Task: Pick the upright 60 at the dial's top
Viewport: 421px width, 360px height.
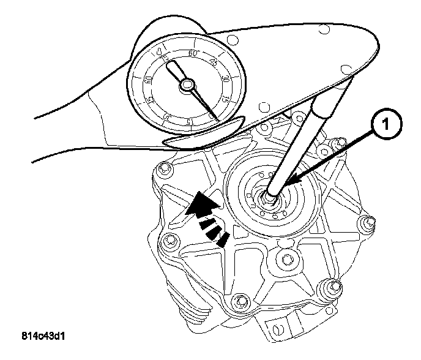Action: tap(193, 54)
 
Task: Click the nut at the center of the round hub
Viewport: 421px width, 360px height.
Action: tap(269, 197)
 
